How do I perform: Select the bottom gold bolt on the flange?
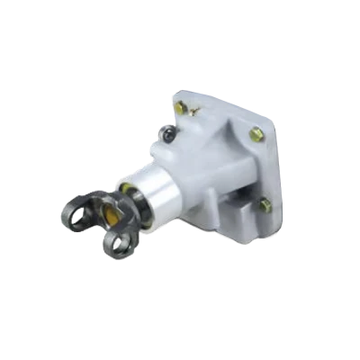click(x=265, y=205)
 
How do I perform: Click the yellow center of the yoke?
click(x=114, y=213)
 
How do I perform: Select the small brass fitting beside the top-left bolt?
click(x=193, y=112)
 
